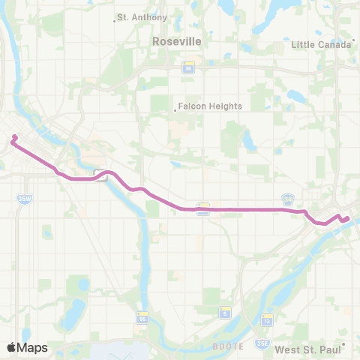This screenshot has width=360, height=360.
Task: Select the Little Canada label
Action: click(x=321, y=44)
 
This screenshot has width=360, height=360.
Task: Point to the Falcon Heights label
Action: click(x=209, y=106)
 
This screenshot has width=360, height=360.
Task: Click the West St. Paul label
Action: click(x=307, y=349)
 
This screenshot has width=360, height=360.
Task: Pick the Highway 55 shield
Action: click(x=142, y=318)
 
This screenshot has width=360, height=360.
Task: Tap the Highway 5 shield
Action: click(x=223, y=312)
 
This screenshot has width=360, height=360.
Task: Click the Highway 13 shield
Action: click(x=267, y=321)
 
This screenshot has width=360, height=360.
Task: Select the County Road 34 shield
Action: click(x=287, y=199)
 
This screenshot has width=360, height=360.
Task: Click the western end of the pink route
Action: click(x=13, y=137)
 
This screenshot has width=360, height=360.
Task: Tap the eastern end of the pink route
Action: click(x=347, y=219)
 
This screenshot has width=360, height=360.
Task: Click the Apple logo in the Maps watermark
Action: click(x=12, y=347)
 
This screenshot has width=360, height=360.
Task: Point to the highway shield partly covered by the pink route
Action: click(x=202, y=209)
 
